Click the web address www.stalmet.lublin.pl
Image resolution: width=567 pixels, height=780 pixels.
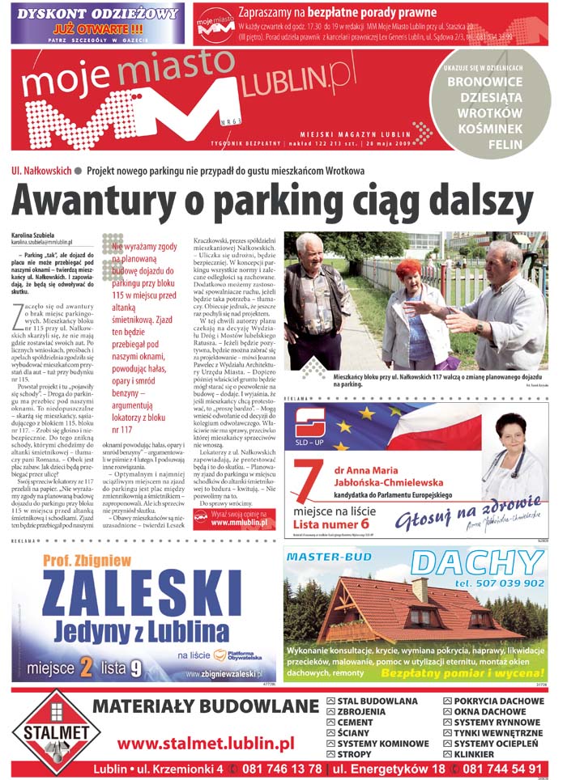[206, 742]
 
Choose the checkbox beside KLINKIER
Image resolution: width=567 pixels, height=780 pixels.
[447, 754]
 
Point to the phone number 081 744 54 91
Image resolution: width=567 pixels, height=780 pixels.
[501, 769]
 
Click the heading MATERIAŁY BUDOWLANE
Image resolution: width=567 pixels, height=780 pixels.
[206, 706]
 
